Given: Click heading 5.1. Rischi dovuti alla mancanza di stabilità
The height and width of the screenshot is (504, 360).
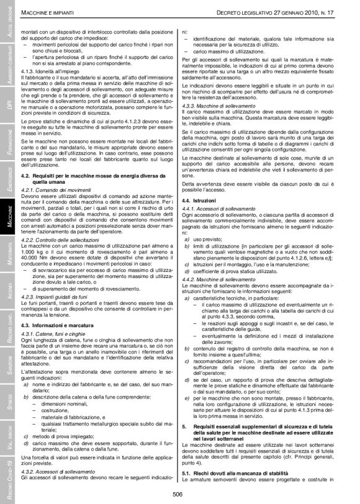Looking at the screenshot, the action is point(238,474).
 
